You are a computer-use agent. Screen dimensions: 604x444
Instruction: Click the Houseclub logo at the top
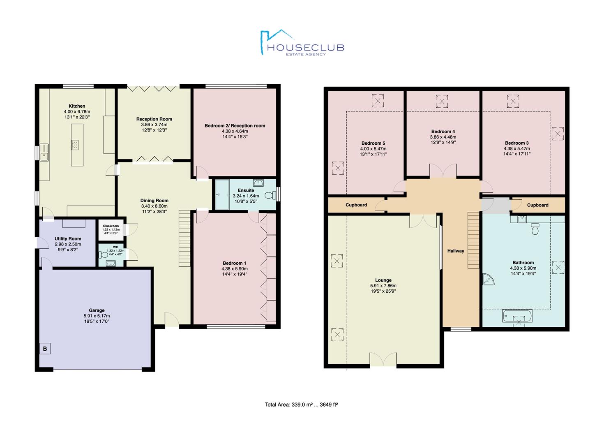point(302,42)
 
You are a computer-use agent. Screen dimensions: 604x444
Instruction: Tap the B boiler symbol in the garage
point(45,349)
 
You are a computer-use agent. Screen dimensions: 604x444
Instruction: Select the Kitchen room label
point(77,106)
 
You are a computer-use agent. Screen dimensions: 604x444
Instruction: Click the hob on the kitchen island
point(75,145)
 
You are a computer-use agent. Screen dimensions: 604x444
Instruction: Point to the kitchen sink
point(44,153)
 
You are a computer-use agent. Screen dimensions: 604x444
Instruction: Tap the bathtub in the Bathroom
point(517,316)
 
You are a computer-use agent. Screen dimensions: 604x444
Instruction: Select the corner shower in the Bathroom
point(488,280)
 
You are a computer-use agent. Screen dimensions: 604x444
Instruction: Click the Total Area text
point(301,405)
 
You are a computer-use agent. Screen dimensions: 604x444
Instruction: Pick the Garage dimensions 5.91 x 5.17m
point(97,316)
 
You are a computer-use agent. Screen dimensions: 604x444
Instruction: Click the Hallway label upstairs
point(456,251)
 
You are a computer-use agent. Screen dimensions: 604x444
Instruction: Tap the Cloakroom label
point(111,226)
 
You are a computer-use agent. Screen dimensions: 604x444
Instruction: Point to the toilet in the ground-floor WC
point(103,254)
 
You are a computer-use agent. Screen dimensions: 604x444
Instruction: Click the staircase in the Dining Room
point(185,238)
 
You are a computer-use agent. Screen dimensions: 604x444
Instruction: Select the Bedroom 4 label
point(443,132)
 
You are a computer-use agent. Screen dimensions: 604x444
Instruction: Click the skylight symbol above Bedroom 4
point(442,102)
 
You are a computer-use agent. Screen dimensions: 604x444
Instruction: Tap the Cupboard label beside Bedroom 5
point(356,205)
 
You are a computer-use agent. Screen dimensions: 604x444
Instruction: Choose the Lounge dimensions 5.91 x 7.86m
point(383,286)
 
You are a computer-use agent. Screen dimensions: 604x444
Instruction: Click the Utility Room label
point(68,239)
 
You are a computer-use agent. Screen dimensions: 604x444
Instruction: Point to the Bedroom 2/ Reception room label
point(235,126)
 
